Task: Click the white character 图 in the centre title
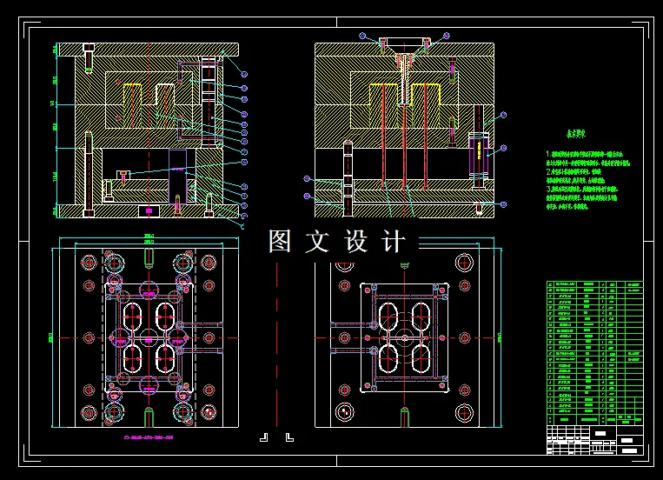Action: click(280, 242)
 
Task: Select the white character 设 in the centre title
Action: click(356, 242)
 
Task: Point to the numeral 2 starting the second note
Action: click(548, 172)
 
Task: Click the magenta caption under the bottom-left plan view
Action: click(149, 437)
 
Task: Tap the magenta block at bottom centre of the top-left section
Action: click(149, 210)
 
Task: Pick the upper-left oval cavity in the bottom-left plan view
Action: click(132, 315)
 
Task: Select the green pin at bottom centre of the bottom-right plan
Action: click(407, 416)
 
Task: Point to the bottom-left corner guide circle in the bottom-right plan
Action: click(346, 411)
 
